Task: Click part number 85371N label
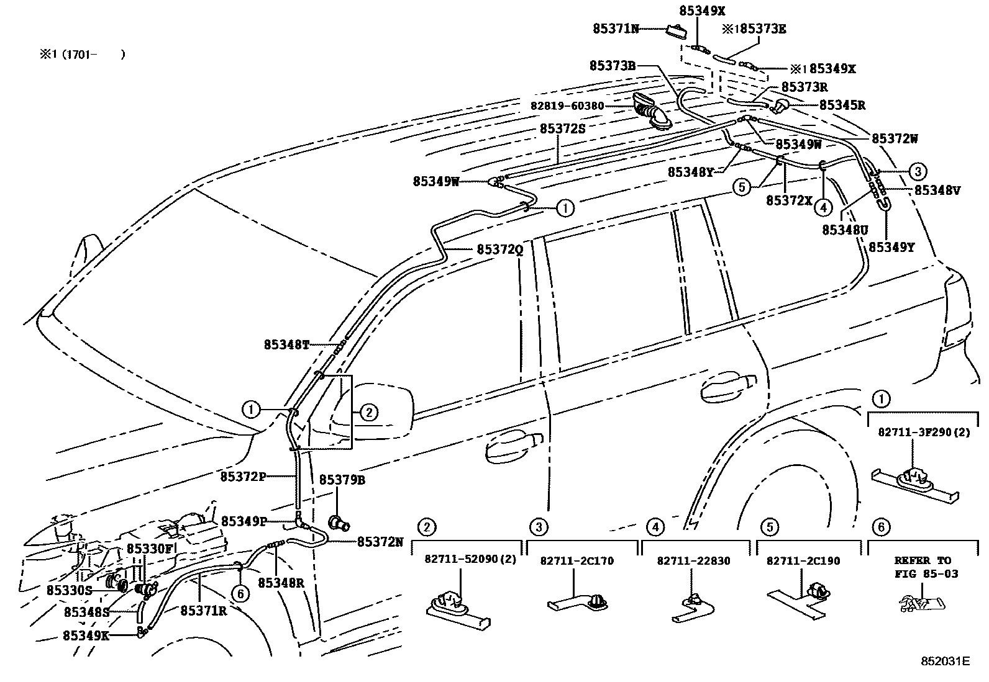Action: pyautogui.click(x=615, y=29)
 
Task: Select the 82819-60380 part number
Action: pyautogui.click(x=567, y=106)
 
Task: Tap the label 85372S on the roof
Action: pyautogui.click(x=562, y=128)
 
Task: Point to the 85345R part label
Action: pyautogui.click(x=842, y=105)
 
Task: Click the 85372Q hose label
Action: pyautogui.click(x=500, y=249)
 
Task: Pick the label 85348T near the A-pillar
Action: pyautogui.click(x=286, y=344)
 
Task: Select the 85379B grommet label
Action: pyautogui.click(x=342, y=480)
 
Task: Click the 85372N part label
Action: pyautogui.click(x=380, y=541)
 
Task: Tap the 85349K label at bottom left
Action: pyautogui.click(x=86, y=635)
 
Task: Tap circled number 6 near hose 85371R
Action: pyautogui.click(x=240, y=594)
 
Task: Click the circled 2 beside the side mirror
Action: pyautogui.click(x=368, y=411)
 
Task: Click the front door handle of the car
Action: pyautogui.click(x=513, y=444)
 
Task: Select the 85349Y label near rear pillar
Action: pyautogui.click(x=891, y=247)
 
